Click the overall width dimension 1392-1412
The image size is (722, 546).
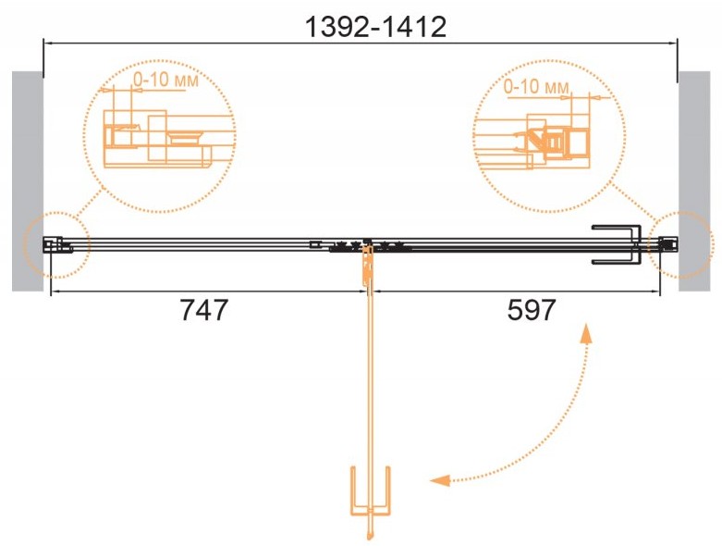coord(375,27)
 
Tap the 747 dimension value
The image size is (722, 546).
coord(204,310)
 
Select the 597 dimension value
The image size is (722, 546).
coord(532,310)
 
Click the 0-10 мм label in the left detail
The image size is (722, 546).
coord(165,81)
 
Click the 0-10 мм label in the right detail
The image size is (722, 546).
coord(536,86)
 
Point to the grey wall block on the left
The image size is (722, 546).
coord(28,181)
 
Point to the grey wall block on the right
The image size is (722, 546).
coord(694,181)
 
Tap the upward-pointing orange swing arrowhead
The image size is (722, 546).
coord(586,334)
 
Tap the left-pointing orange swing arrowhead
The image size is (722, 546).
coord(440,480)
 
